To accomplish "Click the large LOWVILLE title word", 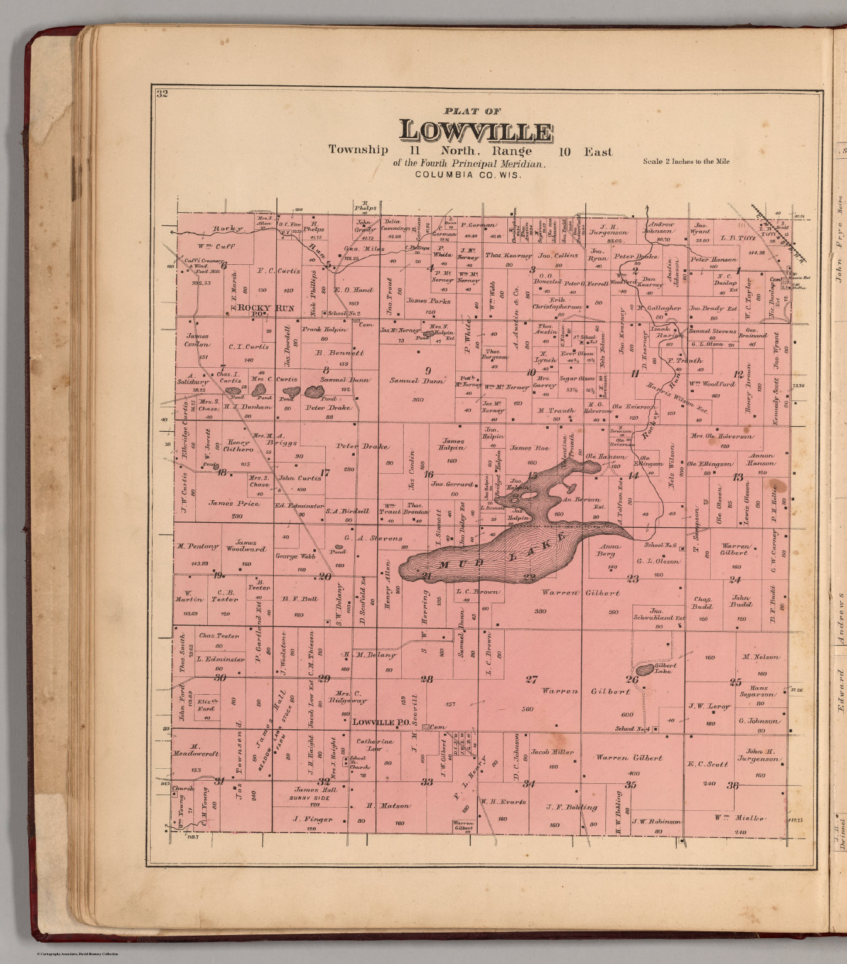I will tap(477, 131).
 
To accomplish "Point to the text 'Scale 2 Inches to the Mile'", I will tap(686, 162).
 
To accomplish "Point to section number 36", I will tap(732, 785).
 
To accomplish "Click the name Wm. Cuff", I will tap(217, 247).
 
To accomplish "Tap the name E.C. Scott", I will tap(708, 764).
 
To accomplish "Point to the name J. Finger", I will tap(312, 819).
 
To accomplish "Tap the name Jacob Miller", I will tap(553, 751).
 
